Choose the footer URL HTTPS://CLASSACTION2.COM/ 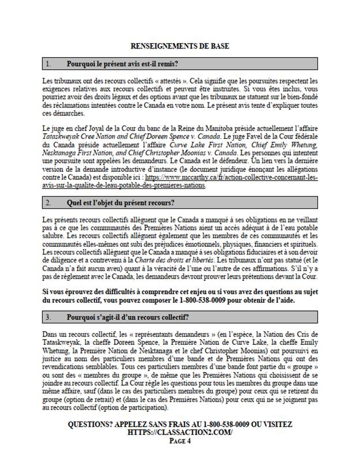pos(179,432)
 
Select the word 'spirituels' pos(301,244)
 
